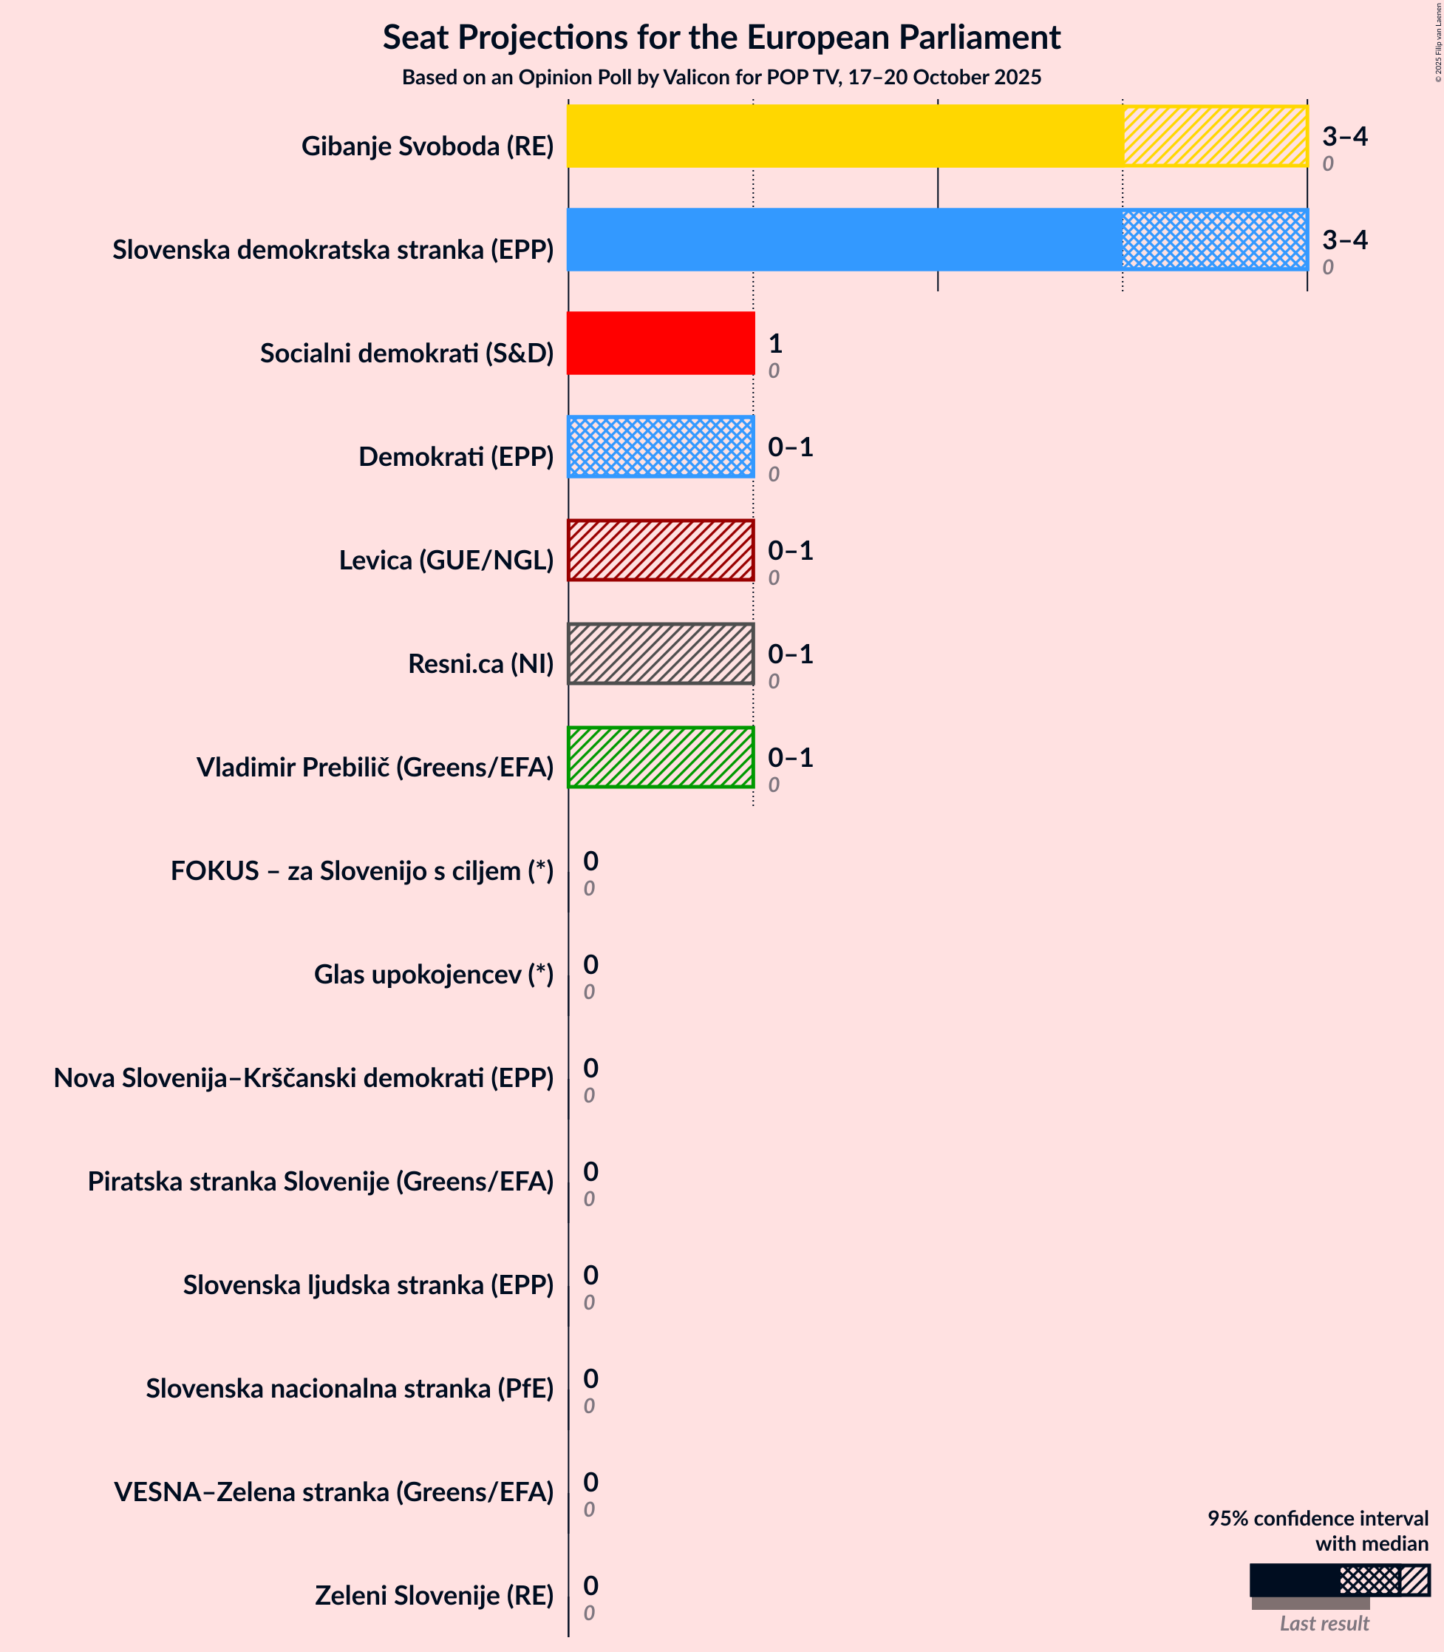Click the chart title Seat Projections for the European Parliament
(721, 38)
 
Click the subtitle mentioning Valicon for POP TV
(721, 78)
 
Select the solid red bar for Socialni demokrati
(661, 343)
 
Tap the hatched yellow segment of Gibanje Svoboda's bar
(1215, 136)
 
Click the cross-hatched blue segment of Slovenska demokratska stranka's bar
(1215, 240)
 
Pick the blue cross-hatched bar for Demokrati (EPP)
(661, 447)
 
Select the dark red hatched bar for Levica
(661, 551)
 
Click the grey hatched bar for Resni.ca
(661, 654)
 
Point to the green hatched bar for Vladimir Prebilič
(661, 757)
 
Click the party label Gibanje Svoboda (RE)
(427, 146)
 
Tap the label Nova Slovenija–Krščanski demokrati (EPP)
(304, 1078)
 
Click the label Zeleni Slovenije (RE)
(435, 1596)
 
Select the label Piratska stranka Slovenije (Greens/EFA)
(321, 1181)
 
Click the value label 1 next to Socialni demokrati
(775, 345)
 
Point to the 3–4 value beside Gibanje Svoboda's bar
(1344, 136)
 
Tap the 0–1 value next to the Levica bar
(790, 551)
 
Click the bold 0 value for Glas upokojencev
(590, 964)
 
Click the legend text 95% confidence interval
(1318, 1519)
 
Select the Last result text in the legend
(1324, 1624)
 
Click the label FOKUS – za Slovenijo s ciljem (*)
(362, 871)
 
